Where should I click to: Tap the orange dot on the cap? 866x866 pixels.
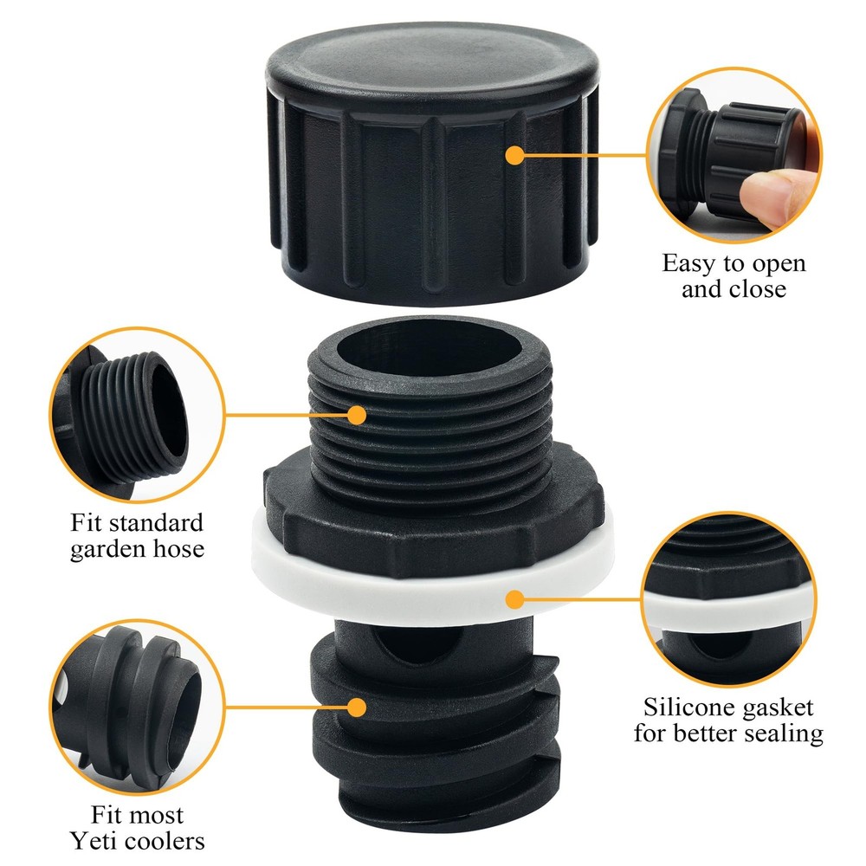515,156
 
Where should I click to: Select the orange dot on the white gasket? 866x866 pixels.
515,598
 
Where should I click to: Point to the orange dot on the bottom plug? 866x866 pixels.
354,706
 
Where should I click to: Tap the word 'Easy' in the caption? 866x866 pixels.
689,262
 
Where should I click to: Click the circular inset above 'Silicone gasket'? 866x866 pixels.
736,598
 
